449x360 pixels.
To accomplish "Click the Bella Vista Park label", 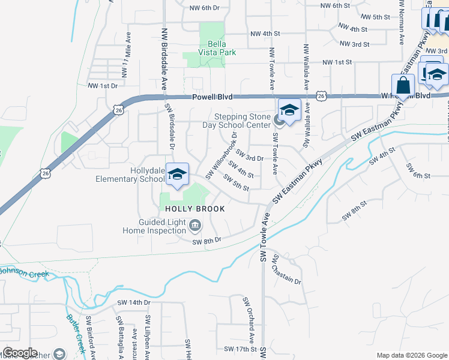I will click(215, 48).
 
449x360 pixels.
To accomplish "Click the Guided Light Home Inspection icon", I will click(195, 226).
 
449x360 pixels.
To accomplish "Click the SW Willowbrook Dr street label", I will click(221, 157).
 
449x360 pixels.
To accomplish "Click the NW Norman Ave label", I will click(402, 22).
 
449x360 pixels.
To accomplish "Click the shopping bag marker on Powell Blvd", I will click(403, 85).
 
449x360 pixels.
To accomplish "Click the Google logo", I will click(20, 353).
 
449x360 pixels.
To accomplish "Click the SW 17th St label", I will click(240, 349).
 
